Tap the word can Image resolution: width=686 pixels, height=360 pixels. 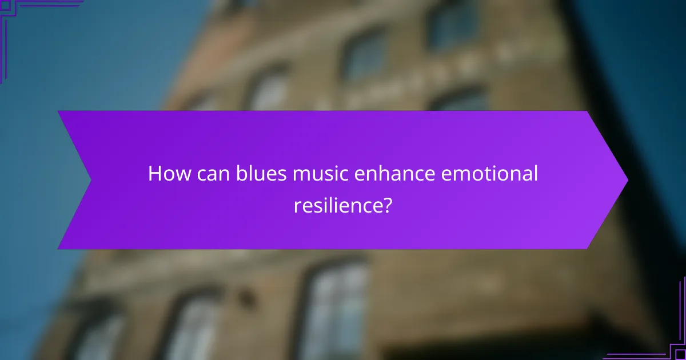tap(213, 174)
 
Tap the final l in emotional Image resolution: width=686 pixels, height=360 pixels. tap(536, 174)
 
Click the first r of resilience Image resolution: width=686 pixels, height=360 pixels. tap(297, 206)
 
